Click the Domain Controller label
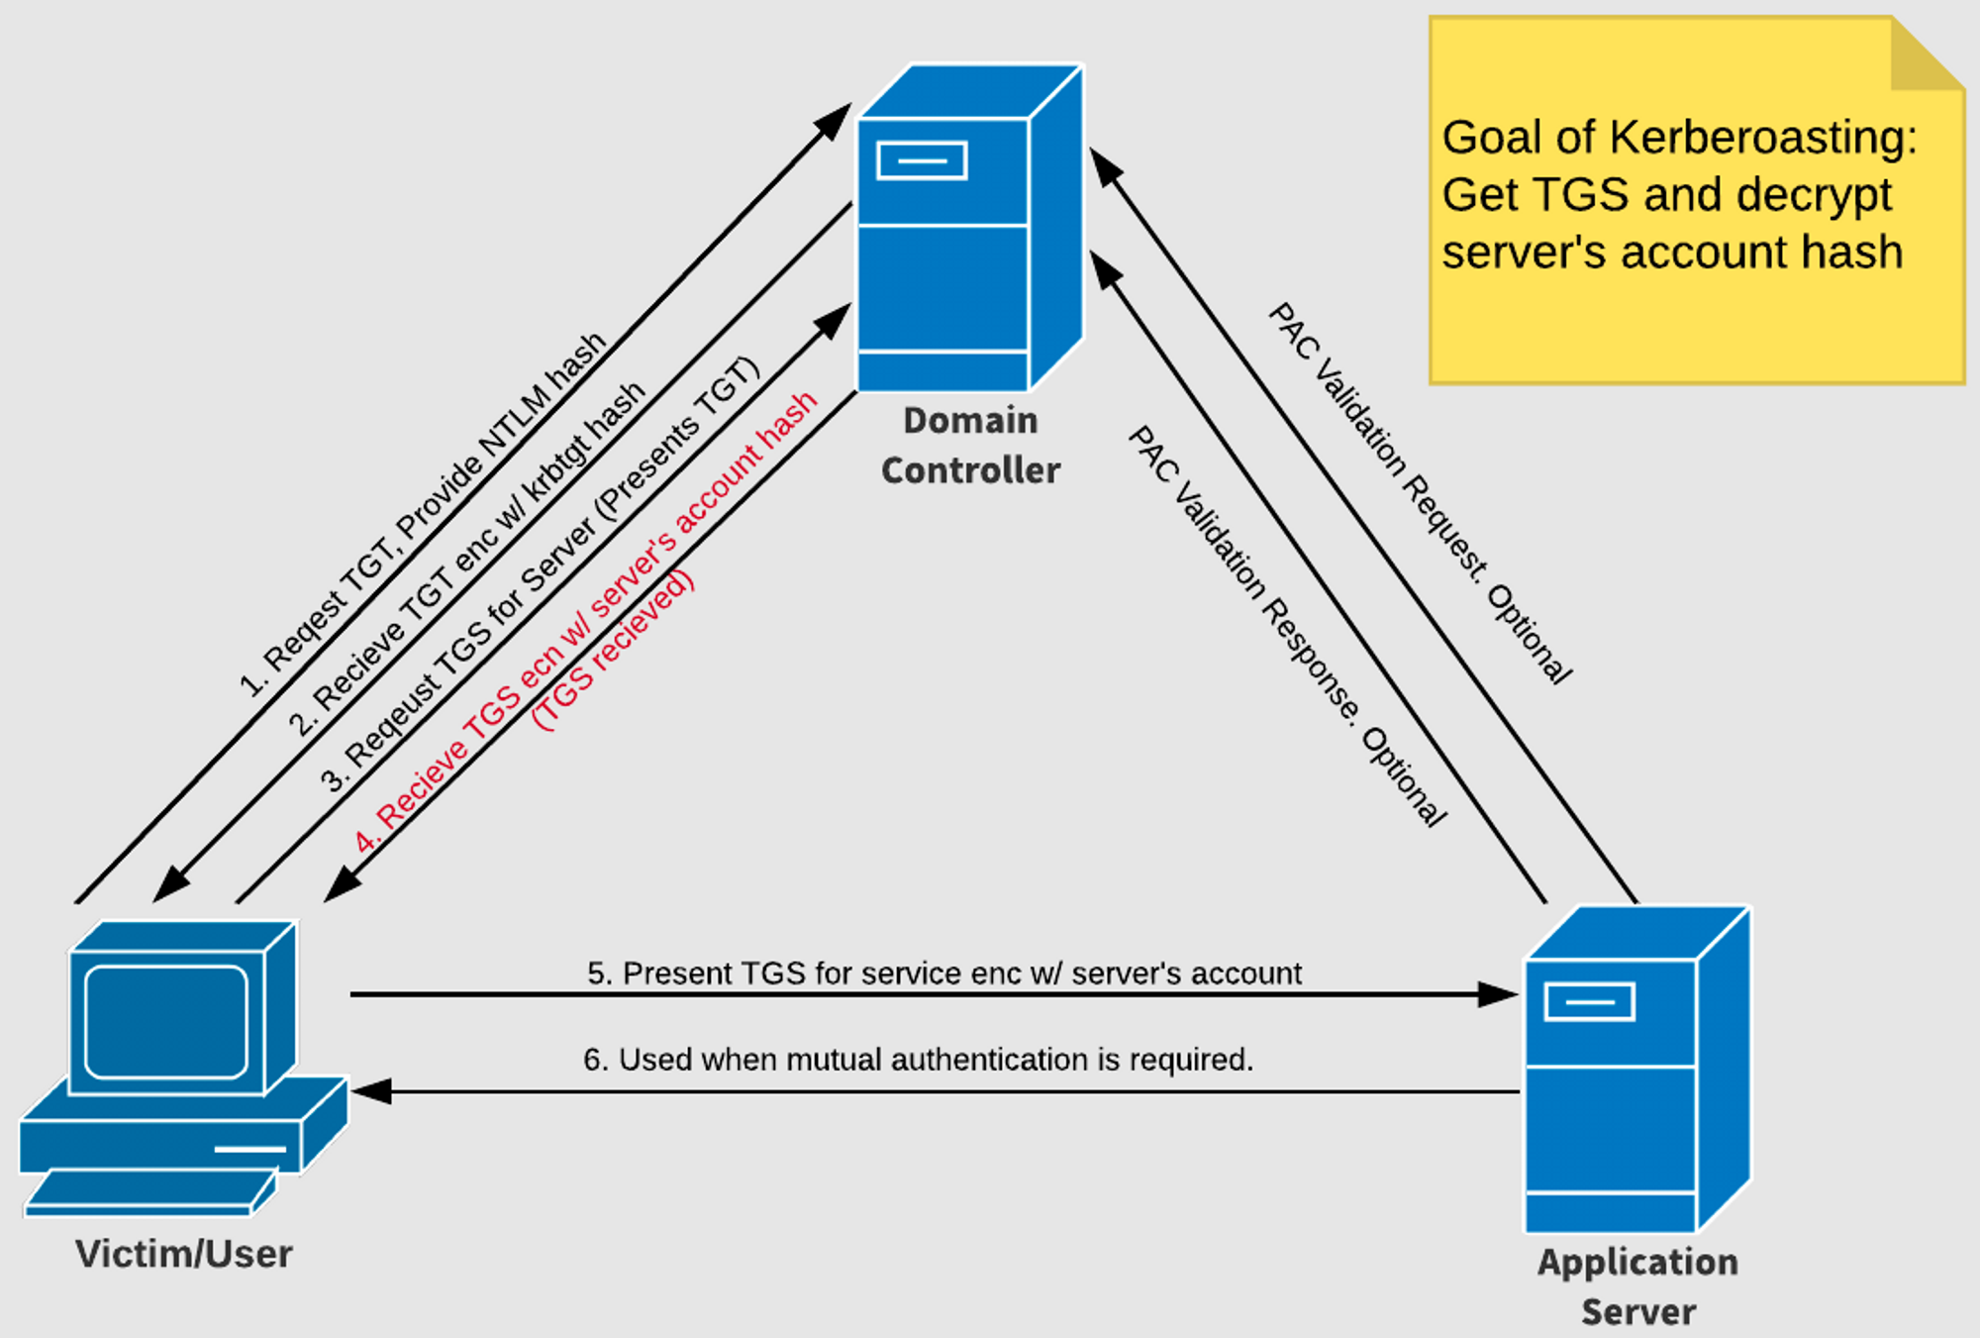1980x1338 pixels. [970, 446]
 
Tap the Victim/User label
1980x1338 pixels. [184, 1254]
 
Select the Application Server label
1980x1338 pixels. [1637, 1286]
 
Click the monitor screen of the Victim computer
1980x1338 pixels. [165, 1021]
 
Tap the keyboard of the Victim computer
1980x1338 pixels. [148, 1192]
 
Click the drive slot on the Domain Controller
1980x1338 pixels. [922, 161]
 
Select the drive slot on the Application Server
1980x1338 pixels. [1589, 1002]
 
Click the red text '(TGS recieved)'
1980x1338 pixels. [613, 651]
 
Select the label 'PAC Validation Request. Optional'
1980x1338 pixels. [1420, 493]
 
